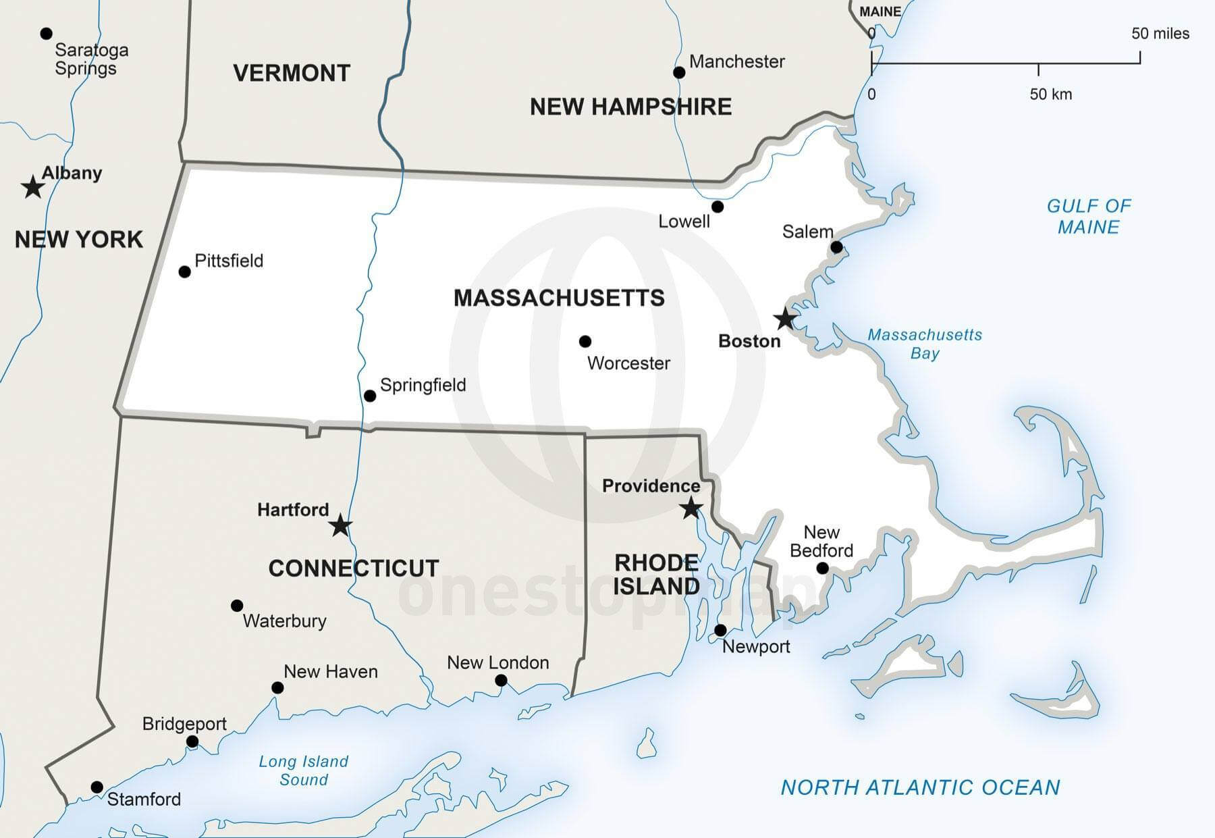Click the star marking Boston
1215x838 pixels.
coord(785,318)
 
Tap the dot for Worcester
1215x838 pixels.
coord(585,342)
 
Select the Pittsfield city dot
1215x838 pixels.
coord(184,271)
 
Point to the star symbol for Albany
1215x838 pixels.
coord(32,187)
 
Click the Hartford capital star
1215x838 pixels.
coord(341,525)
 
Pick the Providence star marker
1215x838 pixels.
coord(691,508)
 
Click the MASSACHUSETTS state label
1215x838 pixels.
coord(559,298)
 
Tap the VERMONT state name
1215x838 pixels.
coord(292,73)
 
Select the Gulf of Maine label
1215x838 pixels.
coord(1088,216)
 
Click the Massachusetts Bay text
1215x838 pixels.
coord(924,344)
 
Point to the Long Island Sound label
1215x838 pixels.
coord(304,770)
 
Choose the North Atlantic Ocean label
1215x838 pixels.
coord(920,787)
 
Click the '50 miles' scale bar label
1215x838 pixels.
coord(1160,34)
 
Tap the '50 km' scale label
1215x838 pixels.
coord(1050,95)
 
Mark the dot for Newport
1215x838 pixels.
coord(720,630)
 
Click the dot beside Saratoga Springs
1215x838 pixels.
coord(46,33)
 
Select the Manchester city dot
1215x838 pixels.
coord(679,72)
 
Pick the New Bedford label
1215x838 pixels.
coord(821,542)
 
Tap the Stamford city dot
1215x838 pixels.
coord(97,787)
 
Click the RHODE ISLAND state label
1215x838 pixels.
coord(656,574)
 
